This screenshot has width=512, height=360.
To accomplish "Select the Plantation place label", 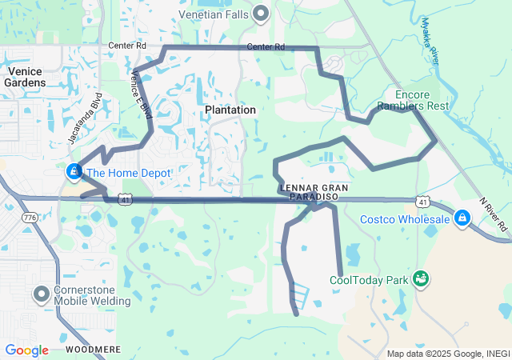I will click(x=230, y=110).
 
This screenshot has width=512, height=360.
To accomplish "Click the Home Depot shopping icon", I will click(x=74, y=171).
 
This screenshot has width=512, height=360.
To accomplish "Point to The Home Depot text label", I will click(x=128, y=173).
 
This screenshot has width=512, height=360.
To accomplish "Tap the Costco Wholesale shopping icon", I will click(x=462, y=218).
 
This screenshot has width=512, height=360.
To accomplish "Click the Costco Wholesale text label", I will click(x=405, y=219).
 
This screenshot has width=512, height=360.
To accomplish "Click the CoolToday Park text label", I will click(x=369, y=280).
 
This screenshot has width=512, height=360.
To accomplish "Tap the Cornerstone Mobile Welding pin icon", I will click(x=42, y=294).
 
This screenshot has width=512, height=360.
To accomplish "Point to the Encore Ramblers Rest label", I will click(x=413, y=100).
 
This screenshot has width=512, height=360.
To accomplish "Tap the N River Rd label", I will click(x=494, y=215).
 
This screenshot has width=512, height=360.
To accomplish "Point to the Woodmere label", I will click(x=93, y=350).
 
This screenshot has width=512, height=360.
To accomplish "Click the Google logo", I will click(x=26, y=350).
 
